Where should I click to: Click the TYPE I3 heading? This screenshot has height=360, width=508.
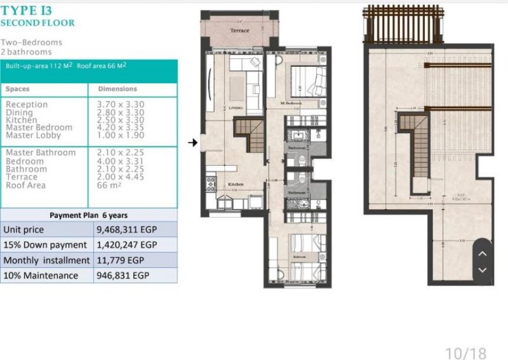(26, 10)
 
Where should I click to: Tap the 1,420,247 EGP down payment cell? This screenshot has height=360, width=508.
(127, 245)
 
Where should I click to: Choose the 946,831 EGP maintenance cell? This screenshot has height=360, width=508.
(122, 276)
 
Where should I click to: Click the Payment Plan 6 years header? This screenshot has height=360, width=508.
(89, 215)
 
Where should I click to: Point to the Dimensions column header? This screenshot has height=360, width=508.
(117, 89)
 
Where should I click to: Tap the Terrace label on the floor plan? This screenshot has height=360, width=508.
(240, 31)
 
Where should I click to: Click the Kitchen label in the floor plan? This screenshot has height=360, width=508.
(235, 184)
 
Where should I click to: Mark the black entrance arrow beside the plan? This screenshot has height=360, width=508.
(193, 142)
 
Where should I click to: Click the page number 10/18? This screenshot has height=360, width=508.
(466, 353)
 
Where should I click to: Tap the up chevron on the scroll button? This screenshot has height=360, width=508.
(482, 254)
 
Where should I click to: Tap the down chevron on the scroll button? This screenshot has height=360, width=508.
(482, 270)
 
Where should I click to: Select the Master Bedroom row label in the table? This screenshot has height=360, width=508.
(39, 127)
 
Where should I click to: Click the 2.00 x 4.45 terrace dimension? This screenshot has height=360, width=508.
(120, 177)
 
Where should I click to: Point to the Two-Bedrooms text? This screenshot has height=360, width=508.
(31, 42)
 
